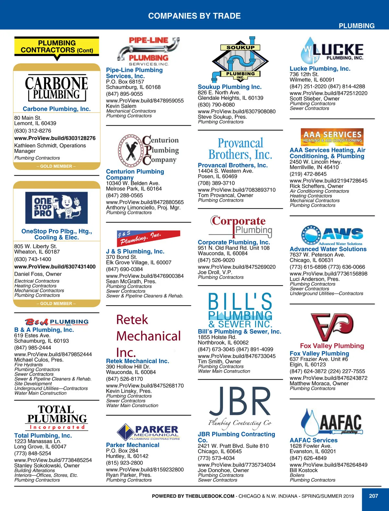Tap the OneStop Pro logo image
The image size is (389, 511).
pos(56,208)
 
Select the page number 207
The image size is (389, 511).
pos(373,496)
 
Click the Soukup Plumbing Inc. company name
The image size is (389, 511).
pos(230,87)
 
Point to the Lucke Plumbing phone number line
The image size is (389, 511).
pos(327,87)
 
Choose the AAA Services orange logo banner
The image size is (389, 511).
pos(332,137)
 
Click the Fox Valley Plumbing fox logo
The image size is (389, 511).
pos(332,327)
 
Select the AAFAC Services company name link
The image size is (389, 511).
pos(313,440)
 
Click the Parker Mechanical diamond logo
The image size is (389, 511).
pos(125,432)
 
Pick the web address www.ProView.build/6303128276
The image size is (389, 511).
pos(55,138)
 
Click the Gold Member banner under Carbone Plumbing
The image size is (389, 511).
pos(56,166)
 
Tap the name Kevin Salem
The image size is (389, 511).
pos(121,106)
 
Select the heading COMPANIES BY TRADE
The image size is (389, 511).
pos(194,16)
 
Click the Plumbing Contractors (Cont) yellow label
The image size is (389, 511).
pos(57,47)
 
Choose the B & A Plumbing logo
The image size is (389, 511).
pos(56,322)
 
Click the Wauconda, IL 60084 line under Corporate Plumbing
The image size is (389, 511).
pos(222,253)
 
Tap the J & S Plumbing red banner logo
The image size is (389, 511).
pos(148,238)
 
